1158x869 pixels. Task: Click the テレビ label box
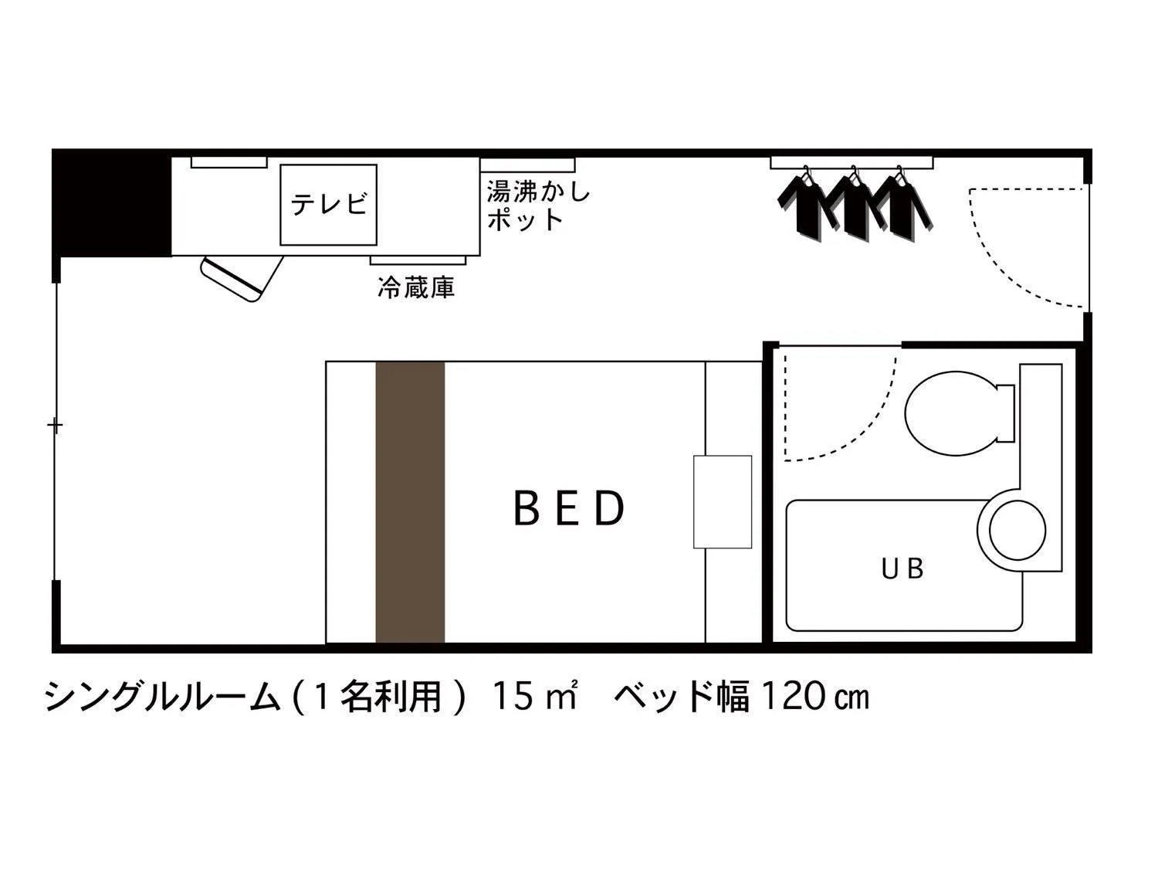coord(328,205)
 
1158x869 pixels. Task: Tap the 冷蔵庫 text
coord(416,288)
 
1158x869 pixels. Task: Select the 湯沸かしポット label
coord(538,205)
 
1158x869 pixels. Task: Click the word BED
coord(569,509)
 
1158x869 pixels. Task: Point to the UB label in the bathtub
coord(902,569)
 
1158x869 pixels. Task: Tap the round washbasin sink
coord(1017,531)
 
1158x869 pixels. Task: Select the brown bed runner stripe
coord(410,502)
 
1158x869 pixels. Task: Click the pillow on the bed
coord(722,502)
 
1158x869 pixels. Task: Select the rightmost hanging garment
coord(900,204)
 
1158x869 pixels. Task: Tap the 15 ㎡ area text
coord(535,697)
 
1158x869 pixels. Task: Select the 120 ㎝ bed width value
coord(815,697)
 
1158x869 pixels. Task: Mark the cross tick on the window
coord(55,425)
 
